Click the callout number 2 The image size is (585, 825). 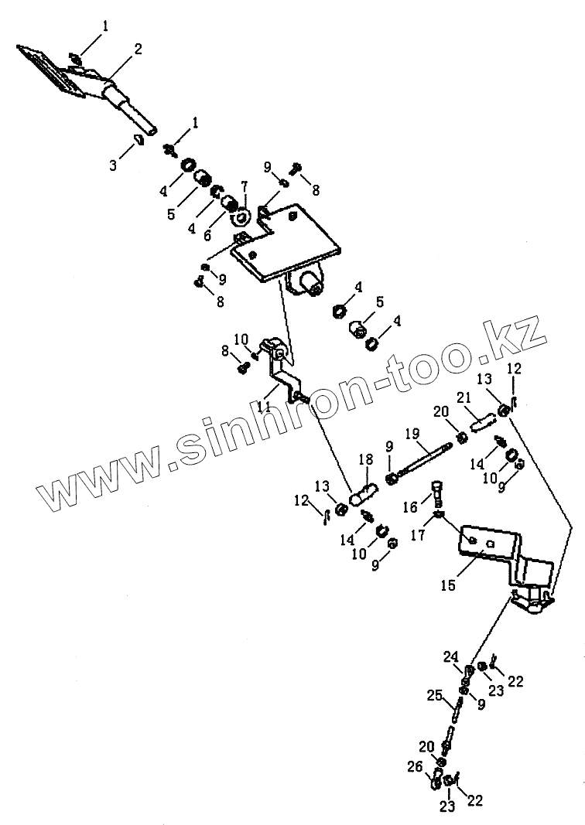tap(138, 49)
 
